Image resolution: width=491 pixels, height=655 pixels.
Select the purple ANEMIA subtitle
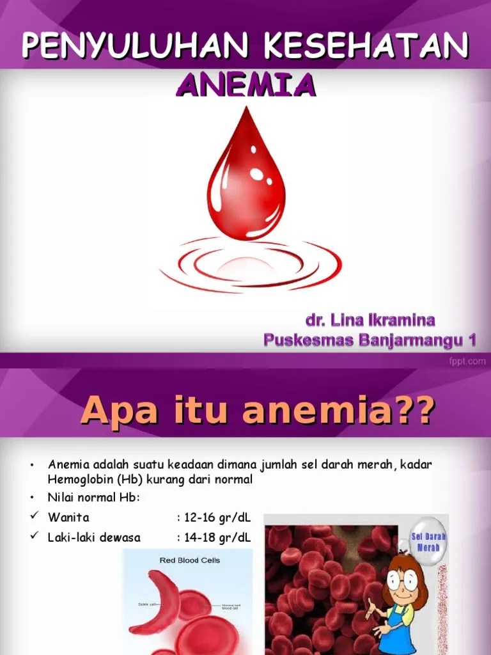[245, 84]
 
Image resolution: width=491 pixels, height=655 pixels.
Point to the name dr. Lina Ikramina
[370, 320]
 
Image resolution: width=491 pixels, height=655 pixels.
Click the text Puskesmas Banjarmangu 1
[370, 340]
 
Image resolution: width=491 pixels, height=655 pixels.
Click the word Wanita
[68, 517]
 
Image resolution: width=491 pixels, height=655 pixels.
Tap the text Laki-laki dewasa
[94, 537]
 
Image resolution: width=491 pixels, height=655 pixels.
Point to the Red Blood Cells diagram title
[189, 560]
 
